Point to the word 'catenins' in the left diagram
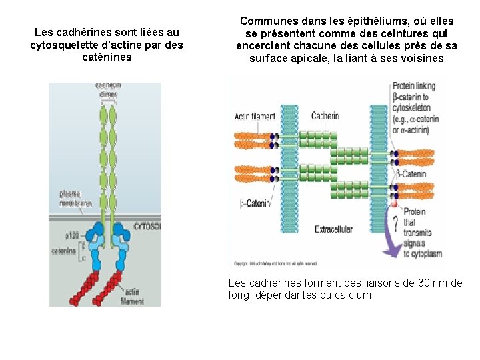pos(64,251)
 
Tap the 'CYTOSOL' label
pos(147,226)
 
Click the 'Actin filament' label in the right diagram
pos(255,117)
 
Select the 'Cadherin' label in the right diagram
pos(325,116)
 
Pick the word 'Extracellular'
pos(333,229)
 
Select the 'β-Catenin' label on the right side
pos(411,175)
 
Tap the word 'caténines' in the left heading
pos(106,57)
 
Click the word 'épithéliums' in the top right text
pos(360,21)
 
